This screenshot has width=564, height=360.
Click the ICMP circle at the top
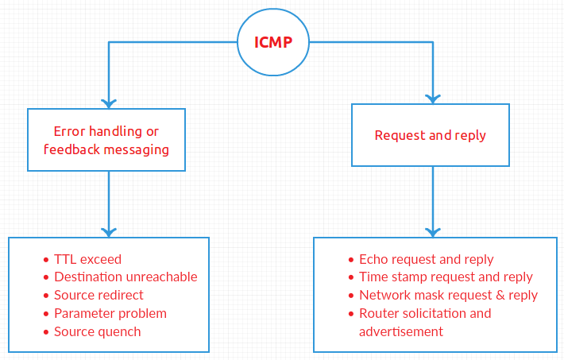pyautogui.click(x=272, y=41)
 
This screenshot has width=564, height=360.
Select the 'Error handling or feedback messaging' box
pyautogui.click(x=106, y=140)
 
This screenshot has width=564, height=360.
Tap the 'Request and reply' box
pyautogui.click(x=430, y=135)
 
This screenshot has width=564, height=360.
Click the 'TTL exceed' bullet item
pyautogui.click(x=87, y=259)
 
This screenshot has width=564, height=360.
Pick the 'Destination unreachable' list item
pyautogui.click(x=126, y=277)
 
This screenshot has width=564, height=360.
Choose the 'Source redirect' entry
pyautogui.click(x=99, y=296)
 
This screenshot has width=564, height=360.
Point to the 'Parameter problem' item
pyautogui.click(x=110, y=313)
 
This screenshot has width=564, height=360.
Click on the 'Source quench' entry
pyautogui.click(x=97, y=331)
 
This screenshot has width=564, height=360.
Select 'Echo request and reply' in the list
pyautogui.click(x=426, y=259)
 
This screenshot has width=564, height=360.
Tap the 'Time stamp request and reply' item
pyautogui.click(x=446, y=277)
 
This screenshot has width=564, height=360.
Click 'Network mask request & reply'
pyautogui.click(x=448, y=295)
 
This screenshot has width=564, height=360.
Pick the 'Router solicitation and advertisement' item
pyautogui.click(x=425, y=322)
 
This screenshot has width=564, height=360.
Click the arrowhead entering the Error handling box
pyautogui.click(x=109, y=103)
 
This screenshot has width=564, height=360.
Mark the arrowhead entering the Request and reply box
pyautogui.click(x=432, y=98)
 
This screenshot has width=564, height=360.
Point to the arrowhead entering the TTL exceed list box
pyautogui.click(x=109, y=231)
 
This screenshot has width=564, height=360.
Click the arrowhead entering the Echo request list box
pyautogui.click(x=432, y=231)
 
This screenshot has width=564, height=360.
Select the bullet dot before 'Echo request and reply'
pyautogui.click(x=350, y=260)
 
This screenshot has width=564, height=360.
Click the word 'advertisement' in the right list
pyautogui.click(x=400, y=331)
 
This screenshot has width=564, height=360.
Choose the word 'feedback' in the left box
pyautogui.click(x=70, y=149)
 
